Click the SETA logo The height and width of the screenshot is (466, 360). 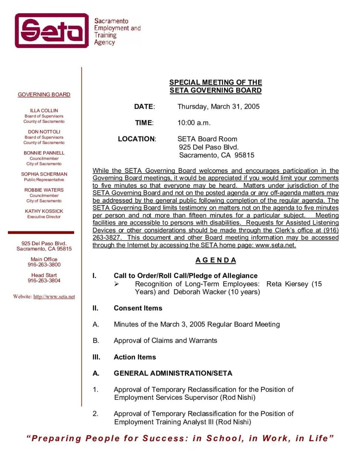tap(52, 31)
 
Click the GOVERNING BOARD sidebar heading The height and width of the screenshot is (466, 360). tap(44, 95)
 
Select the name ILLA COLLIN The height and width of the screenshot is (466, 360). tap(44, 111)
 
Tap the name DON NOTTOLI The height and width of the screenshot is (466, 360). tap(44, 132)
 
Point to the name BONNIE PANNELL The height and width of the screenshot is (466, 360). tap(44, 153)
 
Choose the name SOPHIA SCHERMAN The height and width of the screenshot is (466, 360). tap(44, 174)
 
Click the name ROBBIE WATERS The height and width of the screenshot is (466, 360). tap(44, 190)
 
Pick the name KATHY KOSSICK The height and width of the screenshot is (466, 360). tap(44, 211)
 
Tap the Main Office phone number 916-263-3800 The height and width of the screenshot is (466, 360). tap(44, 265)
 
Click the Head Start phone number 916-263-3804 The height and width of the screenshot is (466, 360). tap(44, 281)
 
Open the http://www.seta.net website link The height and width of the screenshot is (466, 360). tap(54, 297)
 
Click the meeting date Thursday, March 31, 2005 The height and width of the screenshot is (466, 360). tap(218, 107)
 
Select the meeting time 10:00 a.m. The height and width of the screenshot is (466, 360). tap(194, 123)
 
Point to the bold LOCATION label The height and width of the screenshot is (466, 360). tap(137, 139)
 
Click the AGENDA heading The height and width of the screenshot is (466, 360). tap(215, 260)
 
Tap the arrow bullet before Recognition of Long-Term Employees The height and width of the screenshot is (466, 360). tap(116, 284)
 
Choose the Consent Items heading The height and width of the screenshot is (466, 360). tap(138, 308)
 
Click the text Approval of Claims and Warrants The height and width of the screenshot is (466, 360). tap(165, 341)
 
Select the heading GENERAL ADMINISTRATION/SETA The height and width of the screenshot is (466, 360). tap(173, 373)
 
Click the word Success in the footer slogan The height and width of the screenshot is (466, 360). tap(165, 439)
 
